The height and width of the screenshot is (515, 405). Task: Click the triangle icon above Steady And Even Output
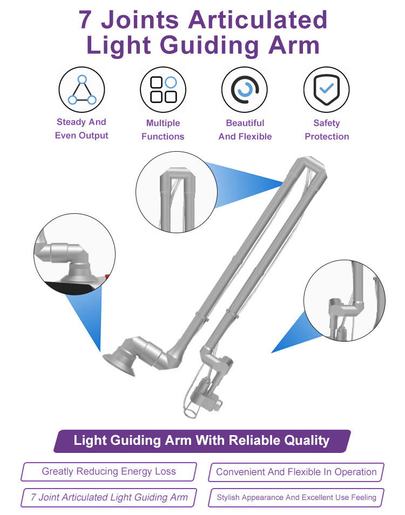[82, 90]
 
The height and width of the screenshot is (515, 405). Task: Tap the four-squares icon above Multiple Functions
[163, 90]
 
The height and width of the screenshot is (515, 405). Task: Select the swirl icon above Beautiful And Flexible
[245, 90]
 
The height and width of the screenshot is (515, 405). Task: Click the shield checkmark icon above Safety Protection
[326, 90]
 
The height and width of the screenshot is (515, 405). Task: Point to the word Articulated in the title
[258, 20]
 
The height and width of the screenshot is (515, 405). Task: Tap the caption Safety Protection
[327, 130]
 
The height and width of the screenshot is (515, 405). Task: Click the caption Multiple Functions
[163, 130]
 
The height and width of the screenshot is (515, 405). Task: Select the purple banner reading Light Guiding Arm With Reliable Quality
[202, 441]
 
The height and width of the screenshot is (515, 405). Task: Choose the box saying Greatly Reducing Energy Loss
[109, 472]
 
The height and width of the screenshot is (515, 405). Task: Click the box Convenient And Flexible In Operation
[296, 472]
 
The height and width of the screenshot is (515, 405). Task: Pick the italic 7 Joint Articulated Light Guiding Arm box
[109, 498]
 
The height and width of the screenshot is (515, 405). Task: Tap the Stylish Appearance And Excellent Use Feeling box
[296, 498]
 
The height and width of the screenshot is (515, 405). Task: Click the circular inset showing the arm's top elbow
[176, 192]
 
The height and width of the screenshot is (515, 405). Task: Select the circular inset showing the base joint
[75, 254]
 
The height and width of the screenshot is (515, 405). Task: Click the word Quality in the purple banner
[306, 441]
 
